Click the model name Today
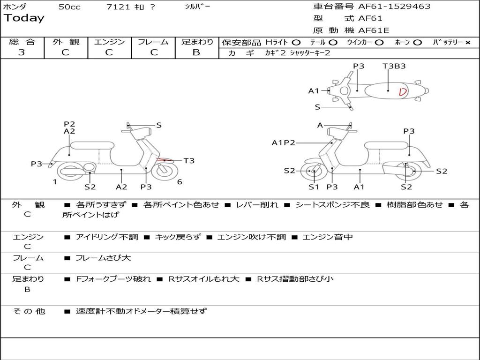tap(24, 18)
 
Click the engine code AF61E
tap(374, 31)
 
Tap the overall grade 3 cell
tap(22, 52)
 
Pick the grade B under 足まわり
tap(196, 52)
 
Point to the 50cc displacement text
tap(69, 7)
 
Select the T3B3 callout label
tap(394, 66)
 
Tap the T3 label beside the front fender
tap(189, 161)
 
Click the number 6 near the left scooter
tap(180, 182)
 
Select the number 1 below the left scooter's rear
tap(55, 182)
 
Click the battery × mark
tap(467, 42)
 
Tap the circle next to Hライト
tap(296, 42)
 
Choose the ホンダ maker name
tap(15, 7)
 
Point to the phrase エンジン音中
tap(328, 237)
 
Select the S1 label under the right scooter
tap(314, 187)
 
